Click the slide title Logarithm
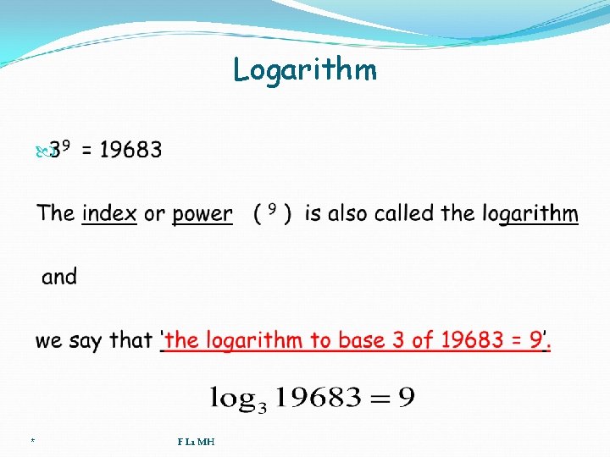pyautogui.click(x=305, y=70)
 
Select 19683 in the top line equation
pyautogui.click(x=130, y=151)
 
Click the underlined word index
pyautogui.click(x=109, y=214)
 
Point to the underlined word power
pyautogui.click(x=202, y=214)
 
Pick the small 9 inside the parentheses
pyautogui.click(x=273, y=210)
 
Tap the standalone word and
pyautogui.click(x=59, y=277)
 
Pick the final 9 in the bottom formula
pyautogui.click(x=406, y=396)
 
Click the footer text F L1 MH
pyautogui.click(x=196, y=442)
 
